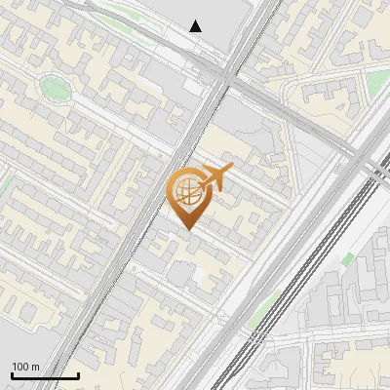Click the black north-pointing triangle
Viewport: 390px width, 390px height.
pyautogui.click(x=196, y=26)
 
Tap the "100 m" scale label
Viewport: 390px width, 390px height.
pyautogui.click(x=26, y=367)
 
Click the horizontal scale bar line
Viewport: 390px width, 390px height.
pyautogui.click(x=45, y=375)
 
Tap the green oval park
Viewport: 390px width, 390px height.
pyautogui.click(x=55, y=89)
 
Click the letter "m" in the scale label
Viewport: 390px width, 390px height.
pyautogui.click(x=36, y=367)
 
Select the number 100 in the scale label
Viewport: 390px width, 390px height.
pyautogui.click(x=21, y=367)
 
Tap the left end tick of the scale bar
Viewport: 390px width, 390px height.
pyautogui.click(x=12, y=373)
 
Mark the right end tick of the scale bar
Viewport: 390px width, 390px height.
pyautogui.click(x=78, y=373)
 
